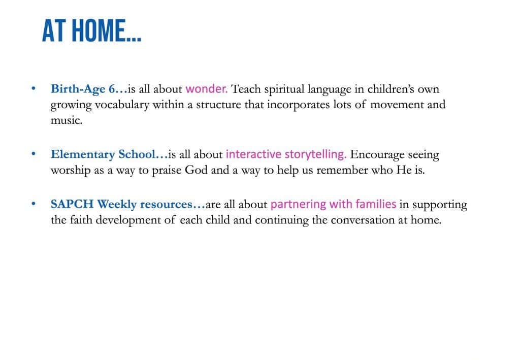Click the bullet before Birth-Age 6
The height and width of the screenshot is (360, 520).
pos(34,88)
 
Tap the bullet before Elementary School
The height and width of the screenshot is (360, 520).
pos(34,154)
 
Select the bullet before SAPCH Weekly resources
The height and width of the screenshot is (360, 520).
pos(34,204)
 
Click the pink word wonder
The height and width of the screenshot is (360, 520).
pos(206,89)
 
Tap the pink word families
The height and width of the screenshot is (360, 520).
pos(376,204)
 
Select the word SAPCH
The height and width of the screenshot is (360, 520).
pos(72,204)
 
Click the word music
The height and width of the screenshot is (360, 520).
pos(67,120)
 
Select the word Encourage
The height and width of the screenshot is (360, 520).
pos(377,155)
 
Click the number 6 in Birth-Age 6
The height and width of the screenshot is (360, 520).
pos(112,89)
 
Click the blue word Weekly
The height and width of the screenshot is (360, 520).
pos(117,205)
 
